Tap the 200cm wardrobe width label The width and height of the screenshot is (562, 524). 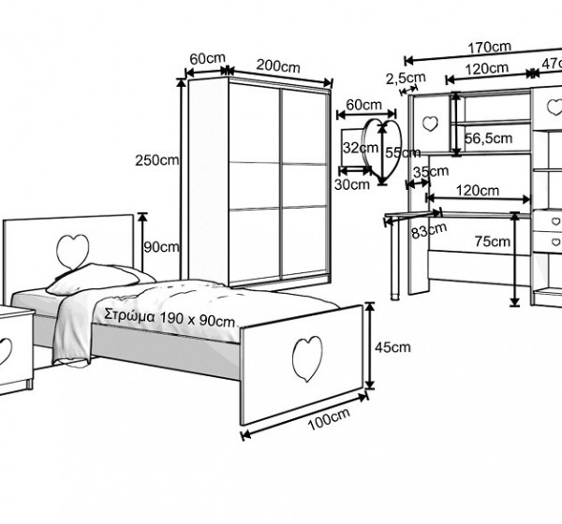277,65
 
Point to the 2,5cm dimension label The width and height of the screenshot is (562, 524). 406,77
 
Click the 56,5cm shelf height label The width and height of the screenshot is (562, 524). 489,138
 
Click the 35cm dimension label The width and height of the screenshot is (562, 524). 430,172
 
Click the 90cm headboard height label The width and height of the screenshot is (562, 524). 162,247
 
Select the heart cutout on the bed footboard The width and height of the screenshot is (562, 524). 305,357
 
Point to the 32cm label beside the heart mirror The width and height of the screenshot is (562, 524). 353,148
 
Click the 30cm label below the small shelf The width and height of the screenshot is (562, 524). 352,184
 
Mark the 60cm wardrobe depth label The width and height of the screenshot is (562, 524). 207,58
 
